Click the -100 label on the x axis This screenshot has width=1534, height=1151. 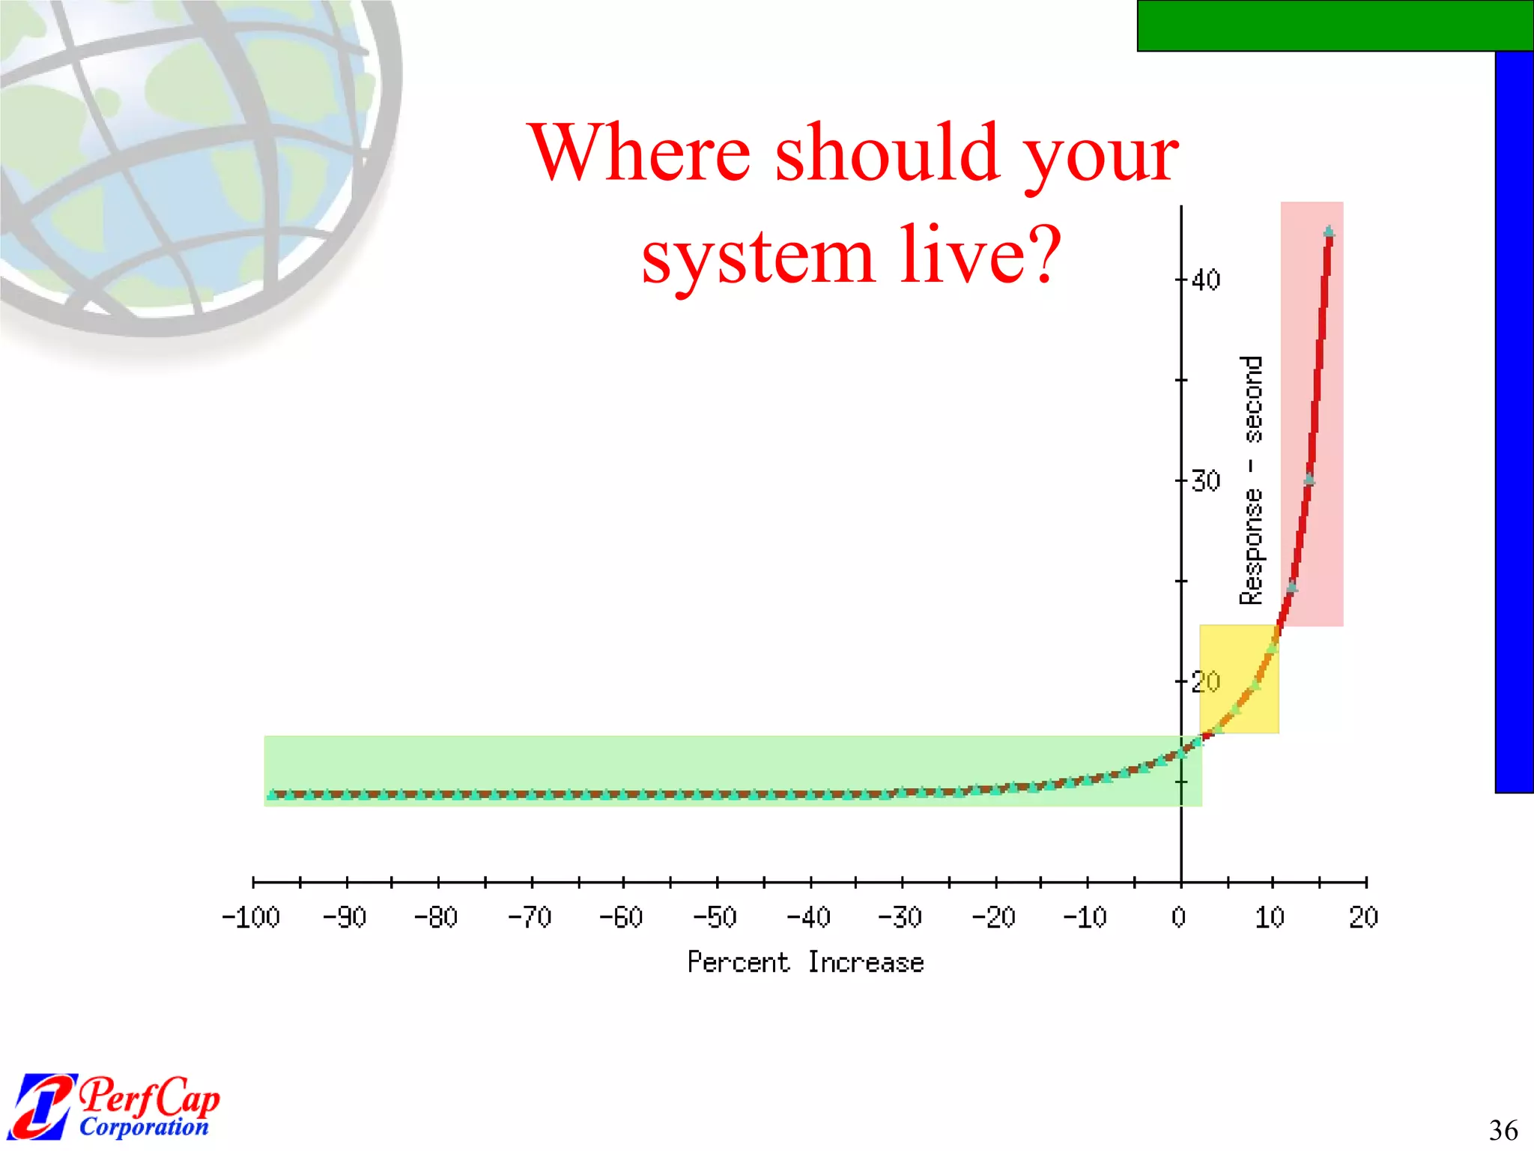(251, 917)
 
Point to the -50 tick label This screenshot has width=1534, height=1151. (715, 917)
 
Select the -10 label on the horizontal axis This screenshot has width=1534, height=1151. (1085, 917)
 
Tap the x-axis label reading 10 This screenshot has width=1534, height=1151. (1270, 917)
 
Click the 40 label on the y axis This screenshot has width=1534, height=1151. (1206, 280)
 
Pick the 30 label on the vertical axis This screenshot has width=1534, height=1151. (1206, 481)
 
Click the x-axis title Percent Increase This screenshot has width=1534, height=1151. (805, 962)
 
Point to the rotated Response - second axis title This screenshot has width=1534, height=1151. (1252, 480)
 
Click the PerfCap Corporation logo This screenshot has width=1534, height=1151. (116, 1106)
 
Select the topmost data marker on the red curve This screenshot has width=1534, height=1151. (1329, 232)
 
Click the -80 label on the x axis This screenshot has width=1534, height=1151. (436, 917)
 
